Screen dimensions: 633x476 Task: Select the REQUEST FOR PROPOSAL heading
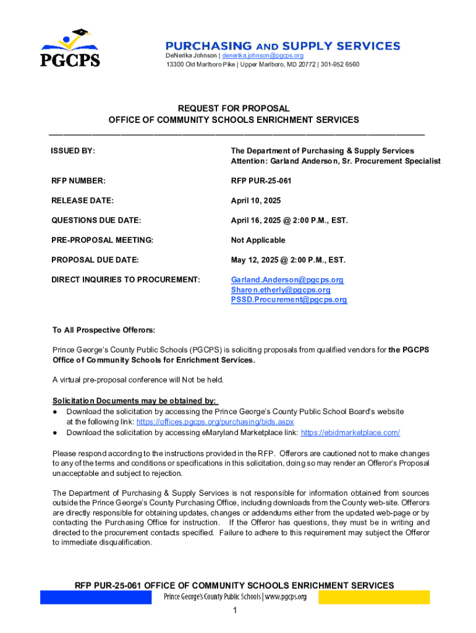pos(234,108)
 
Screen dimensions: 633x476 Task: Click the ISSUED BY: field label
pos(72,151)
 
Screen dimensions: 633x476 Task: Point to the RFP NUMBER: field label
pos(79,181)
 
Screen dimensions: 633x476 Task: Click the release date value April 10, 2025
pos(256,200)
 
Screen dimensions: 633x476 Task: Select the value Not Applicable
pos(258,240)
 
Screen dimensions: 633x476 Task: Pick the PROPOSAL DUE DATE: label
pos(95,260)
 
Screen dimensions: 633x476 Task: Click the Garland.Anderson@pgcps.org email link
pos(287,280)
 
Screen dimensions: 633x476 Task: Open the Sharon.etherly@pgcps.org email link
pos(281,290)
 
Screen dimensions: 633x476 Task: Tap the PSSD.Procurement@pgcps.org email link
pos(289,300)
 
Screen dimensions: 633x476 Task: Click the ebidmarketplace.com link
pos(350,433)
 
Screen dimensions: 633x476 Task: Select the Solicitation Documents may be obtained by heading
pos(135,401)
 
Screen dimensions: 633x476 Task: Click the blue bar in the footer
pos(95,597)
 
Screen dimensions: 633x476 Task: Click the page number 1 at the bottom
pos(235,611)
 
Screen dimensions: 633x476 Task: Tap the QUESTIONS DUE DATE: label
pos(96,220)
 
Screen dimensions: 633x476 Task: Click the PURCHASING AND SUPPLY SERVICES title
pos(283,46)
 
